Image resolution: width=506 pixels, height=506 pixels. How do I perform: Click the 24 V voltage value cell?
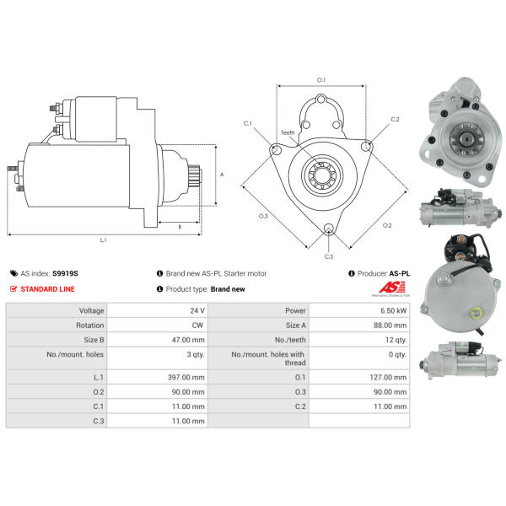pyautogui.click(x=197, y=310)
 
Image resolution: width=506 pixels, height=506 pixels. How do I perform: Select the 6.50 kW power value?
pyautogui.click(x=393, y=310)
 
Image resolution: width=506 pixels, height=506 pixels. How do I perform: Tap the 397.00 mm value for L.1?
pyautogui.click(x=186, y=377)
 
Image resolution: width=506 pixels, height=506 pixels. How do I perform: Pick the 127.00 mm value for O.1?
pyautogui.click(x=388, y=377)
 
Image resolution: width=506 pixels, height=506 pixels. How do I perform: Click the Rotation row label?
pyautogui.click(x=90, y=326)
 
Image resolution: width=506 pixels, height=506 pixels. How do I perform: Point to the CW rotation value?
pyautogui.click(x=197, y=326)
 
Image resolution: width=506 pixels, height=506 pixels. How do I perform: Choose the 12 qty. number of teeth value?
pyautogui.click(x=396, y=340)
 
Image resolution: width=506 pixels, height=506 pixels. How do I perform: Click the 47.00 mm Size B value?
pyautogui.click(x=188, y=340)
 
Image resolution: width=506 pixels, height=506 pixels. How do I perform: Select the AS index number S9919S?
pyautogui.click(x=65, y=273)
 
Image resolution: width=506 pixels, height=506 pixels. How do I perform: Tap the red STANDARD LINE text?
pyautogui.click(x=47, y=288)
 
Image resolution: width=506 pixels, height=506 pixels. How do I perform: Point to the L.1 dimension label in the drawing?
pyautogui.click(x=103, y=240)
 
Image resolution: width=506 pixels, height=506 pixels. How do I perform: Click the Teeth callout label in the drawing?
pyautogui.click(x=288, y=132)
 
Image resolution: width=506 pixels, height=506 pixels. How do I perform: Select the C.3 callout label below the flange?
pyautogui.click(x=329, y=256)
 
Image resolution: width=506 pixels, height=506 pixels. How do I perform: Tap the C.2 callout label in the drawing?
pyautogui.click(x=395, y=120)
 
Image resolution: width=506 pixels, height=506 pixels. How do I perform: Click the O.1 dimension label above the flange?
pyautogui.click(x=321, y=80)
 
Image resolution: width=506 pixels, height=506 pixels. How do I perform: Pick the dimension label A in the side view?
pyautogui.click(x=222, y=175)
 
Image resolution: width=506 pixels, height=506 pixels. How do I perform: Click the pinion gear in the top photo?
pyautogui.click(x=466, y=139)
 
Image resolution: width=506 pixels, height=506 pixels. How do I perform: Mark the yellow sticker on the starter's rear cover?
pyautogui.click(x=476, y=313)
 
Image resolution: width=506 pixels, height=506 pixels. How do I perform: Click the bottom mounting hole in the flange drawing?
pyautogui.click(x=329, y=229)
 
